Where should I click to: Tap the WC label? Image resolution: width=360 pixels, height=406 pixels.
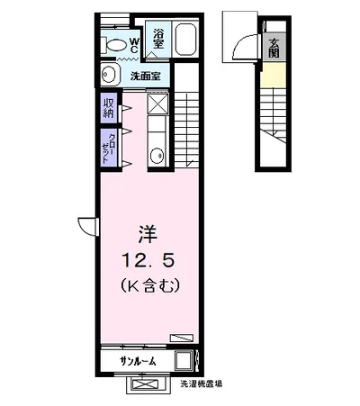coord(134,45)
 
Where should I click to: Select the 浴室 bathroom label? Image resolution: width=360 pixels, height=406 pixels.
coord(158,39)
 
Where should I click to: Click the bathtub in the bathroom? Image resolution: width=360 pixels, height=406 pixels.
coord(185,40)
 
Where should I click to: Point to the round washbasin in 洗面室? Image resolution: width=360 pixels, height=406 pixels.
coord(107,75)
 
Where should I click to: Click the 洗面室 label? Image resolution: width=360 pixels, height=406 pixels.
coord(145,77)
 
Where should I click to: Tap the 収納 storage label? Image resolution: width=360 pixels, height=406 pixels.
coord(108,108)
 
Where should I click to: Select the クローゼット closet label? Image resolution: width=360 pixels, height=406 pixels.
coord(108,148)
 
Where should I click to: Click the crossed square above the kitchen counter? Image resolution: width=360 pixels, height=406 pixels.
coord(158,104)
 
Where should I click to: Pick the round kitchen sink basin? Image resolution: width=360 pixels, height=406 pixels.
coord(157,156)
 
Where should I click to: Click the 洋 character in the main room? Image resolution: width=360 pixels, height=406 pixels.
coord(148,234)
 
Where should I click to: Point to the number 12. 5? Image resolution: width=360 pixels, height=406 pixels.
coord(148,260)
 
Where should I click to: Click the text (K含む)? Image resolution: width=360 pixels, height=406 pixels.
coord(150,285)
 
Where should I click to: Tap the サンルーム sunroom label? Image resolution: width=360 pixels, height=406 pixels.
coord(138,361)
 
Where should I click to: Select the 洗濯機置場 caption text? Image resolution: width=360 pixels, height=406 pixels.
coord(202,383)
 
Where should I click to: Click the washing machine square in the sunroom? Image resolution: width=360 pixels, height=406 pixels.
coord(184,360)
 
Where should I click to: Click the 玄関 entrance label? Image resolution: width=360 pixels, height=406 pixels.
coord(274,48)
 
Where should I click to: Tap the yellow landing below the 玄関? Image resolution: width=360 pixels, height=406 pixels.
coord(273,75)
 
